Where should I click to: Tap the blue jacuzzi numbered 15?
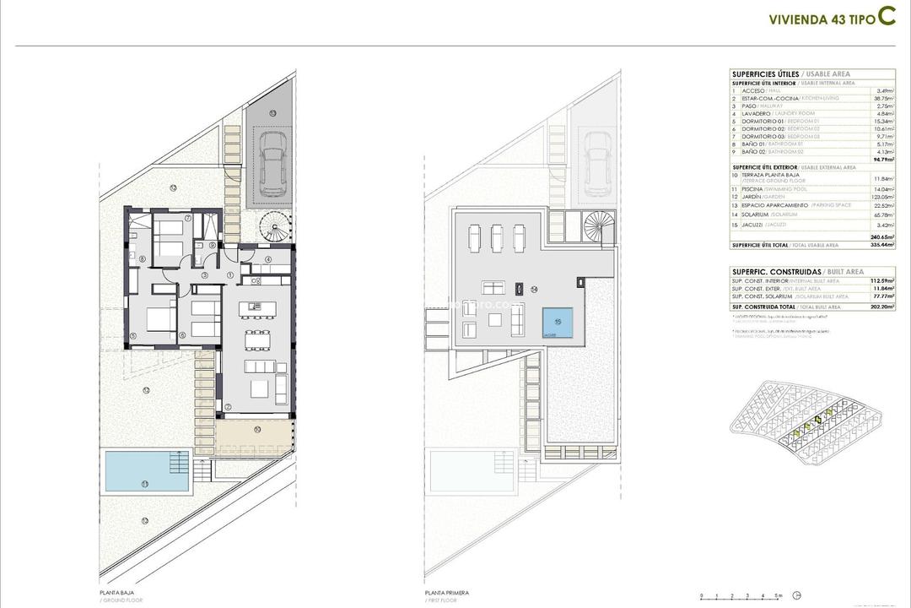[x=557, y=322]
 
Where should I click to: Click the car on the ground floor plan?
[x=273, y=165]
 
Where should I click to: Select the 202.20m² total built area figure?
[x=882, y=307]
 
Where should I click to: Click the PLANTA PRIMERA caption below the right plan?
[x=447, y=593]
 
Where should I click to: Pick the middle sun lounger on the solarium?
[x=496, y=237]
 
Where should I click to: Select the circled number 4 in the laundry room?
[x=267, y=259]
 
